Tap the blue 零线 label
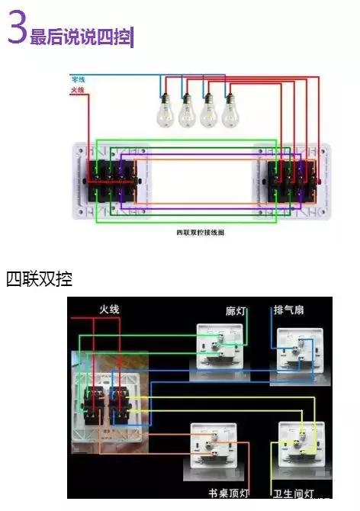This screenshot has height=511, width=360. coord(78,79)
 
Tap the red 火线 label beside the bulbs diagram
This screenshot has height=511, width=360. coord(77,91)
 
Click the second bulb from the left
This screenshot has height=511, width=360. coord(185,111)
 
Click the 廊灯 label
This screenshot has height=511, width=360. coord(236,311)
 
